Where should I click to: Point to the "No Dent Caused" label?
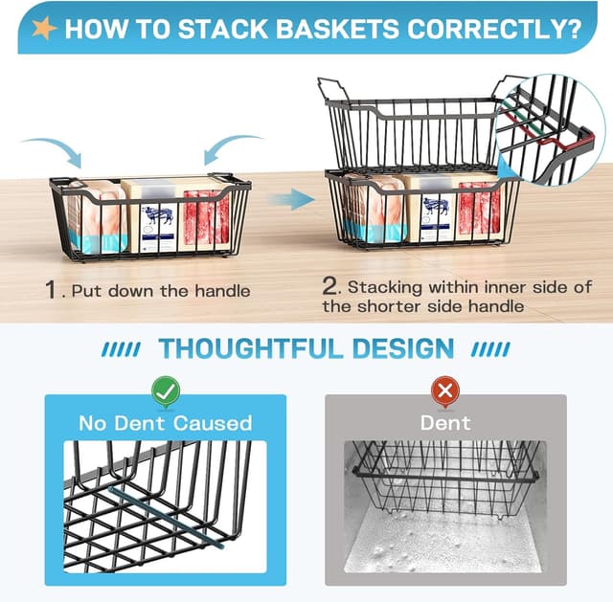click(165, 422)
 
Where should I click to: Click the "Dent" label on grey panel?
click(444, 422)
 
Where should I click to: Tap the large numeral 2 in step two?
click(330, 285)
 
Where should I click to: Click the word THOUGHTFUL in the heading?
click(254, 348)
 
